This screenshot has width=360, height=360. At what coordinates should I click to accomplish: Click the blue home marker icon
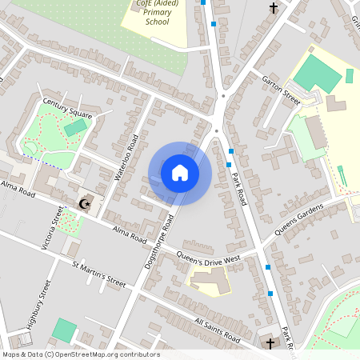[180, 172]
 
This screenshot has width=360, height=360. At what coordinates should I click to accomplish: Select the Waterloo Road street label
[127, 157]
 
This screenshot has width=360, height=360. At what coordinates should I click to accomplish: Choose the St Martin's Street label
[99, 274]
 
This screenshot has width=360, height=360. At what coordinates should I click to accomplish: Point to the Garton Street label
[280, 89]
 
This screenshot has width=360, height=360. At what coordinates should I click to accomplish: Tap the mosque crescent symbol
[84, 204]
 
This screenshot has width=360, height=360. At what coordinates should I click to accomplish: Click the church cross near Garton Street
[274, 8]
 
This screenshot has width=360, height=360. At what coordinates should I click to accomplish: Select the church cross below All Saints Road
[270, 344]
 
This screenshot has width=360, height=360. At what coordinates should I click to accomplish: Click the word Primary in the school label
[158, 13]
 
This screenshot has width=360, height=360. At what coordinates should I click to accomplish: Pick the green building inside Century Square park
[75, 127]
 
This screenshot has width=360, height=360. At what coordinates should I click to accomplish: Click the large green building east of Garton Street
[318, 74]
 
